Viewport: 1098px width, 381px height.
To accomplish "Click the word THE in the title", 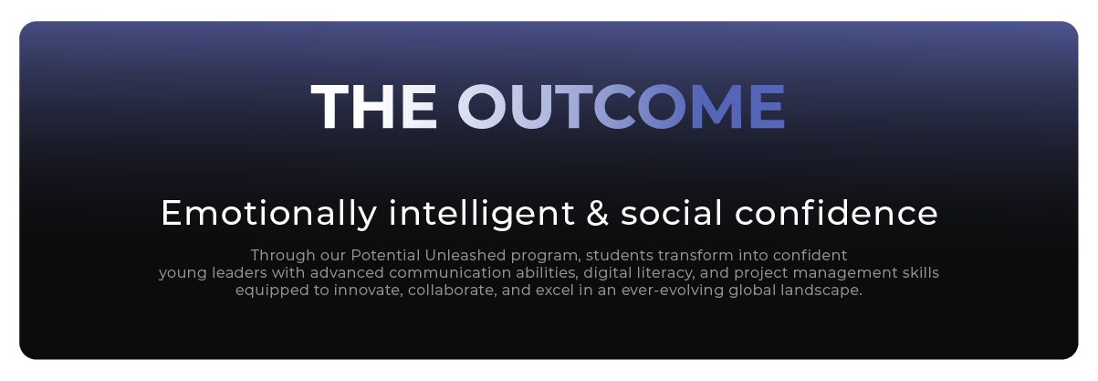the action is [x=373, y=107].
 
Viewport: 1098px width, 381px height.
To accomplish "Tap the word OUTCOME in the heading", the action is [x=621, y=107].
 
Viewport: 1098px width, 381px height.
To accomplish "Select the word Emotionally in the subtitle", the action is [x=268, y=214].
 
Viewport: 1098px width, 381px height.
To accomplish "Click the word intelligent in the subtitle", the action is [x=482, y=214].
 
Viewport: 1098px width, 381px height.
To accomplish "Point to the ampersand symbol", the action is [x=598, y=213].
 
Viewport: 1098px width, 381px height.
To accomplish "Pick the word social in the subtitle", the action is [x=671, y=213].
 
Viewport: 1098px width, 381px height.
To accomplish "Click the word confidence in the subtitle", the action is [x=836, y=213].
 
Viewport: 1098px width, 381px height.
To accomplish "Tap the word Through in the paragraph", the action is [x=283, y=256].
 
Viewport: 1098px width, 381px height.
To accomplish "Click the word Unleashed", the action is [x=465, y=255].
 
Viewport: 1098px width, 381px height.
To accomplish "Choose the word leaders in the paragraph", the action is [x=239, y=272].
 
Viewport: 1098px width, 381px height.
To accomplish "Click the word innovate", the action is [x=368, y=291].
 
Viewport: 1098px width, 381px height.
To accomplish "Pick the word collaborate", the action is [x=452, y=291].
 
